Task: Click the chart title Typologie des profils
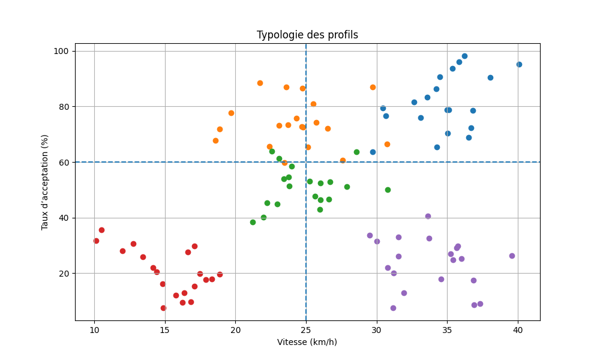[x=307, y=35]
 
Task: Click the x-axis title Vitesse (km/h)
[x=307, y=342]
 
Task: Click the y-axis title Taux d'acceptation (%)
[x=45, y=182]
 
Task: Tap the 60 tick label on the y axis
[x=62, y=162]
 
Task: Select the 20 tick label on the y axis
[x=62, y=273]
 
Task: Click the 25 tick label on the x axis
[x=306, y=330]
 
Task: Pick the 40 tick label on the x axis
[x=518, y=330]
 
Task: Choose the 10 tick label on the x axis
[x=94, y=330]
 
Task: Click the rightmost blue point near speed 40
[x=519, y=64]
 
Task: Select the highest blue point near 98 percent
[x=464, y=56]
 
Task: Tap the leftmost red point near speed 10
[x=96, y=241]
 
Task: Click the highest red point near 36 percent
[x=101, y=230]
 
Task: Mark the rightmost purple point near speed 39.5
[x=512, y=256]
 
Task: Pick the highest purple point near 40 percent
[x=428, y=216]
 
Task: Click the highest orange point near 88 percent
[x=260, y=83]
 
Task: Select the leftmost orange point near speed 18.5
[x=215, y=140]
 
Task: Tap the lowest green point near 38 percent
[x=253, y=222]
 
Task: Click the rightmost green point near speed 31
[x=388, y=190]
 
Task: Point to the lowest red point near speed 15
[x=163, y=308]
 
